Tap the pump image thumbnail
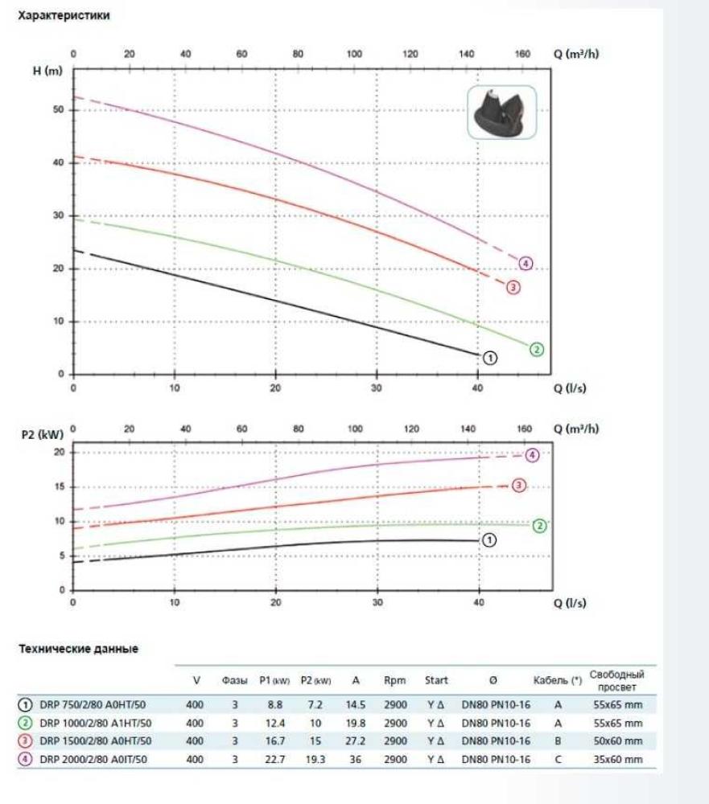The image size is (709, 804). tap(501, 113)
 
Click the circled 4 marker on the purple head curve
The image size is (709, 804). tap(526, 263)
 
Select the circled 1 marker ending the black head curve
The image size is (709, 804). tap(490, 358)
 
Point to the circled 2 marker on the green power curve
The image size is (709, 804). tap(539, 526)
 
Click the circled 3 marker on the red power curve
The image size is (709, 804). tap(519, 485)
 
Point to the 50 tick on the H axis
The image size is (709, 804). tap(58, 109)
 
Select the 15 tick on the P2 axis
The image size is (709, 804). tap(58, 486)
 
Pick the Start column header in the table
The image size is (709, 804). tap(436, 680)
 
